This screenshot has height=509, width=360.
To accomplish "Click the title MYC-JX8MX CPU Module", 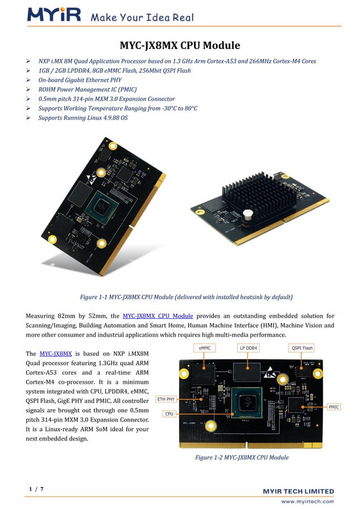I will pyautogui.click(x=180, y=45).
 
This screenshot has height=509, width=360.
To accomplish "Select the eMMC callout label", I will pyautogui.click(x=205, y=348).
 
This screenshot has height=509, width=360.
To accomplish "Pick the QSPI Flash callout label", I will pyautogui.click(x=301, y=348).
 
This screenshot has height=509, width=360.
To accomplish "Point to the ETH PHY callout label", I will pyautogui.click(x=166, y=399).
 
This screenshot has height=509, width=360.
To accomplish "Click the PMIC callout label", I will pyautogui.click(x=333, y=406).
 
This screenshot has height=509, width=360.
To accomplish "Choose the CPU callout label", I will pyautogui.click(x=169, y=414).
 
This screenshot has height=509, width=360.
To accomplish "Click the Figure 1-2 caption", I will pyautogui.click(x=242, y=457).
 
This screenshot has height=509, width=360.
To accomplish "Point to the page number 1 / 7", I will pyautogui.click(x=36, y=489).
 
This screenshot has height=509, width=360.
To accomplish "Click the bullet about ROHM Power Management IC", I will pyautogui.click(x=87, y=89).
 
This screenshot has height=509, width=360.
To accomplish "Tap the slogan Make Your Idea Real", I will pyautogui.click(x=142, y=17).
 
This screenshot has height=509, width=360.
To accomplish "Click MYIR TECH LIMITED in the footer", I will pyautogui.click(x=298, y=492).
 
